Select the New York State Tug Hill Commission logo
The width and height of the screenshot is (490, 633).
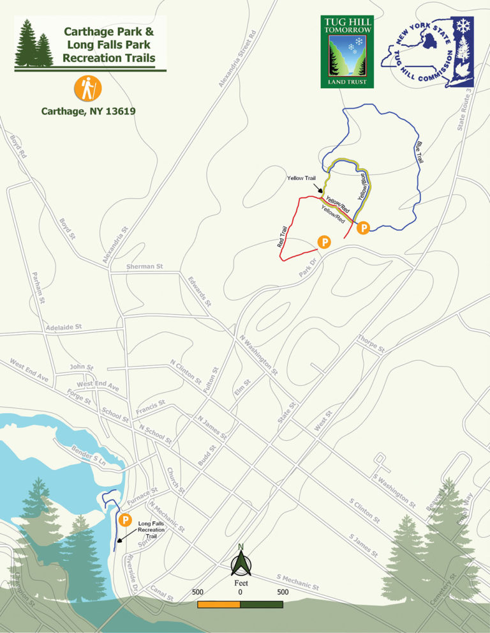click(427, 52)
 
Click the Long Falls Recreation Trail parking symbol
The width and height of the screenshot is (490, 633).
click(125, 520)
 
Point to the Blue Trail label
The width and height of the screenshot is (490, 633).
click(419, 151)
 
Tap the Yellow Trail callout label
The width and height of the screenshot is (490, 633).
click(301, 179)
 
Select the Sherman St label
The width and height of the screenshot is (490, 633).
click(145, 266)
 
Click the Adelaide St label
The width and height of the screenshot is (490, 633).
click(64, 327)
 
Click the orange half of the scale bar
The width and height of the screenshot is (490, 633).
click(219, 604)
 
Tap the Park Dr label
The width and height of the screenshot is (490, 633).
click(308, 268)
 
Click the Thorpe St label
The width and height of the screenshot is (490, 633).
click(371, 344)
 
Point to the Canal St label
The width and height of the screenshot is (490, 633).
click(162, 593)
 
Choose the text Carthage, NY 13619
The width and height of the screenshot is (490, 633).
click(87, 110)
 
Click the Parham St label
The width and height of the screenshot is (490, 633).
click(39, 287)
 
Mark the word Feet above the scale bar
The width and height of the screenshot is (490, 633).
click(241, 583)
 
